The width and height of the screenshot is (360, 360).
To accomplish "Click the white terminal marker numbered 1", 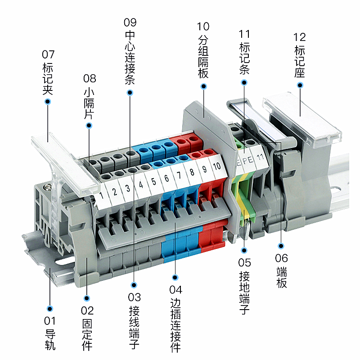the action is coord(102,195).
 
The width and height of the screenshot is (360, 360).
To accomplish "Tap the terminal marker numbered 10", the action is coord(217,165).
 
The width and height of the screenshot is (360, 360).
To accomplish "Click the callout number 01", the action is coord(50,321).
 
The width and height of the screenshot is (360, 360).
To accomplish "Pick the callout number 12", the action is coord(300,36).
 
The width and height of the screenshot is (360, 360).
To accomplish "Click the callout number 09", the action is coord(130,22).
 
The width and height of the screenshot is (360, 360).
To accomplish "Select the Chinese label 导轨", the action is coord(50,340).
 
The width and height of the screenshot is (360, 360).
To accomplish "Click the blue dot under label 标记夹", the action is coord(48,102).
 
